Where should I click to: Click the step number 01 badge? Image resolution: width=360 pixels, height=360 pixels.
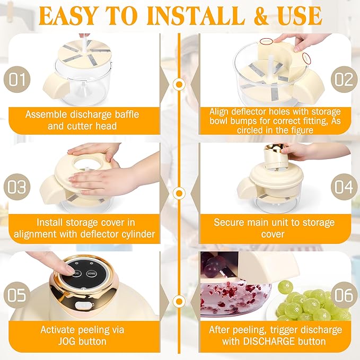[x=17, y=80]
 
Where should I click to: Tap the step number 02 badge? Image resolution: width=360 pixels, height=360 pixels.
[x=344, y=80]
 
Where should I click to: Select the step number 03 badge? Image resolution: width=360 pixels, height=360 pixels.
[x=17, y=187]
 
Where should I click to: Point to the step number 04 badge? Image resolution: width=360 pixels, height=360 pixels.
[x=344, y=187]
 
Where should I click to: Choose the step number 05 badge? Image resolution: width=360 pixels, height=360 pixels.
[x=17, y=295]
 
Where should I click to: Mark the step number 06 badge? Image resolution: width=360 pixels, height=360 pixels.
[x=344, y=295]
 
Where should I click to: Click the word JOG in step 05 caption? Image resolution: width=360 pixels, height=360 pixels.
[x=67, y=341]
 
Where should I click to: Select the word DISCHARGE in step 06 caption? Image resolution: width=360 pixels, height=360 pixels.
[x=269, y=341]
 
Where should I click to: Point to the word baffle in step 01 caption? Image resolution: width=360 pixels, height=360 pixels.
[x=127, y=115]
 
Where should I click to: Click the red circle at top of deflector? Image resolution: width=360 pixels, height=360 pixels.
[x=266, y=41]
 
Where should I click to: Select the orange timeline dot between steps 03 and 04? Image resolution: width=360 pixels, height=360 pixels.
[x=179, y=193]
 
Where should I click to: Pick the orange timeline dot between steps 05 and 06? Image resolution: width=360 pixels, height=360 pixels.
[x=179, y=302]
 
